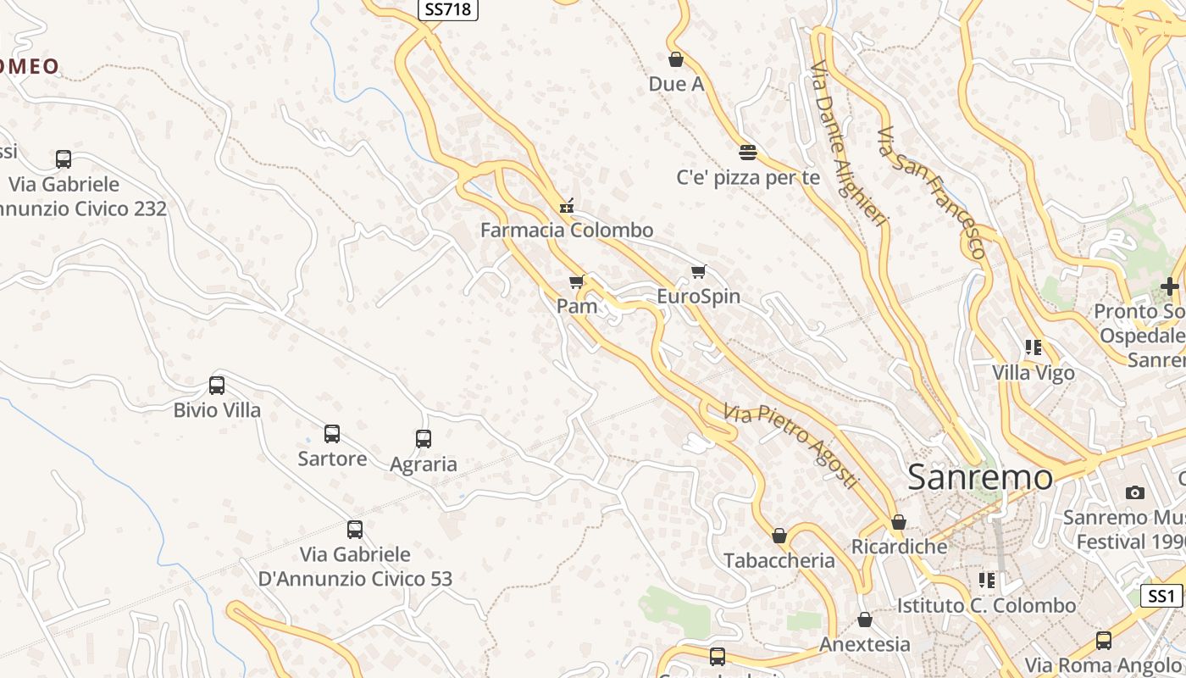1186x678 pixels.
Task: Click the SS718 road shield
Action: point(448,9)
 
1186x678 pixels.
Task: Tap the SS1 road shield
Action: point(1161,596)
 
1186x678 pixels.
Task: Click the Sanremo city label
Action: point(980,477)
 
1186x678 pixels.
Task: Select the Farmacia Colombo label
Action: point(567,230)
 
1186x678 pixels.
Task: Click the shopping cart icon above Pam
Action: point(577,281)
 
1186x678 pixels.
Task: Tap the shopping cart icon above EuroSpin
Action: point(698,272)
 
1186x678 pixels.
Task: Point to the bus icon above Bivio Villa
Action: point(217,386)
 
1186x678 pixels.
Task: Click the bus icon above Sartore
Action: point(332,434)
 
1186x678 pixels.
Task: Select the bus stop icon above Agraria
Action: point(424,439)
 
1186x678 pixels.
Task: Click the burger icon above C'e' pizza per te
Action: point(747,153)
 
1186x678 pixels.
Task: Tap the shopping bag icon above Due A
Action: point(676,59)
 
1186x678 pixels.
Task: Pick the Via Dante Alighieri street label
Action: point(849,143)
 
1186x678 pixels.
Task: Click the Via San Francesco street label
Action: point(933,192)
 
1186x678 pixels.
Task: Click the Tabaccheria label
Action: point(779,560)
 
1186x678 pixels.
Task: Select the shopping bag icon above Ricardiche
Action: point(899,522)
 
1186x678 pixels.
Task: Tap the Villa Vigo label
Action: point(1034,372)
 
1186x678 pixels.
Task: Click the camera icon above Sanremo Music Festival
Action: point(1134,492)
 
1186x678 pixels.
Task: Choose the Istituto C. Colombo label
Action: point(987,606)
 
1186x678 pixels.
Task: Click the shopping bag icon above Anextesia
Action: point(865,620)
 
